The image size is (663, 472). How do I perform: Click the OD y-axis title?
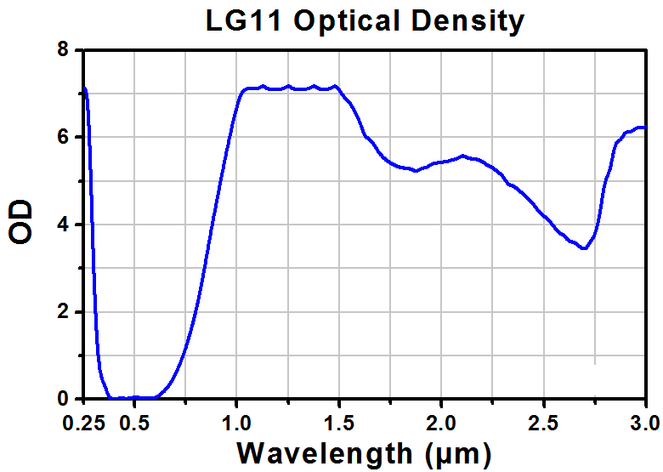[21, 223]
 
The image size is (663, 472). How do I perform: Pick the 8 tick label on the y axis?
[63, 50]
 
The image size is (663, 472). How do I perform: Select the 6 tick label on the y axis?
[63, 137]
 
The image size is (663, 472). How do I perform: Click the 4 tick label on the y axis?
[63, 225]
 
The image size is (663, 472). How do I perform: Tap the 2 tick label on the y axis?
[63, 312]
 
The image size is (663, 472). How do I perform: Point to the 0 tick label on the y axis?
[63, 399]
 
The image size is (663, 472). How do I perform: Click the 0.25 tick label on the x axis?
[84, 420]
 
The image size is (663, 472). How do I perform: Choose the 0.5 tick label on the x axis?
[135, 420]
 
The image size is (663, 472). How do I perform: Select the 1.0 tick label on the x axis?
[237, 420]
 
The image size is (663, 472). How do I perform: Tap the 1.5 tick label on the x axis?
[339, 420]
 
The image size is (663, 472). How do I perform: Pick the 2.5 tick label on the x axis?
[544, 420]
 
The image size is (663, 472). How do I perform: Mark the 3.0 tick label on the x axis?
[643, 420]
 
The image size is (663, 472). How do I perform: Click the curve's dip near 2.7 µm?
[584, 247]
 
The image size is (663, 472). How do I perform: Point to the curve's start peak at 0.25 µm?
[84, 88]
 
